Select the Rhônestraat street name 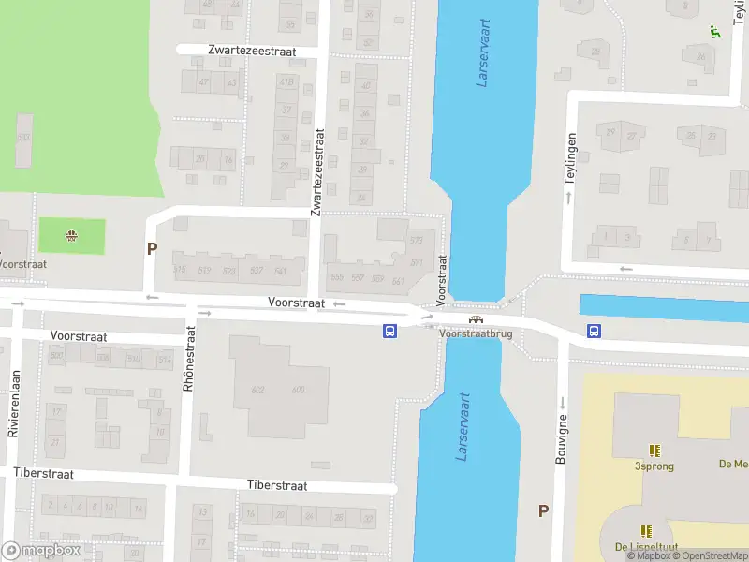coord(190,372)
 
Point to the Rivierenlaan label coord(14,404)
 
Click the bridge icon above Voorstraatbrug coord(477,318)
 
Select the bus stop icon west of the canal coord(390,330)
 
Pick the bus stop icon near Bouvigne coord(594,330)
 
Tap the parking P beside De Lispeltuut coord(543,510)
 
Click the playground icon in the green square coord(71,235)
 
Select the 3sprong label coord(654,466)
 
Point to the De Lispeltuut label coord(645,547)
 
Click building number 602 coord(258,391)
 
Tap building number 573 coord(416,241)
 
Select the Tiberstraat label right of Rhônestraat coord(277,485)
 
